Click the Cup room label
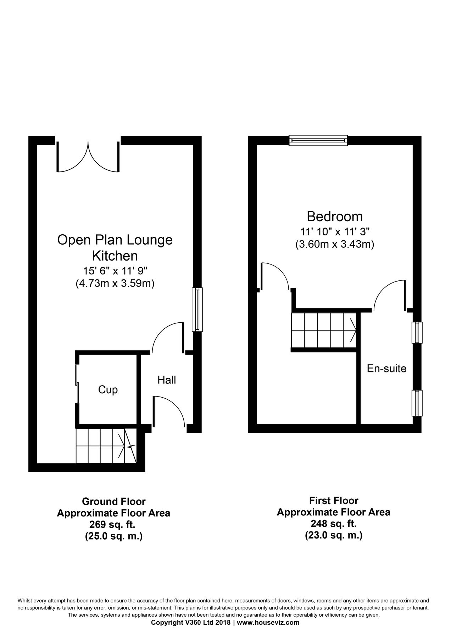108,390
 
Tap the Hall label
167,380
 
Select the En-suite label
386,368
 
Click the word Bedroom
335,216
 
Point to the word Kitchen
115,256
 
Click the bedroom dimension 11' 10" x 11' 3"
335,232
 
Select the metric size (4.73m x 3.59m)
115,284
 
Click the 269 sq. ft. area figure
113,524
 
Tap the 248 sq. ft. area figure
333,523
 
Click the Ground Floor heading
113,501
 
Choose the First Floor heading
334,501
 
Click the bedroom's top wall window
318,140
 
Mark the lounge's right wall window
197,310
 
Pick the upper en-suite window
417,333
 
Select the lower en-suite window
417,403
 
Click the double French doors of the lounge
88,156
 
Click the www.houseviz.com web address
268,632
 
